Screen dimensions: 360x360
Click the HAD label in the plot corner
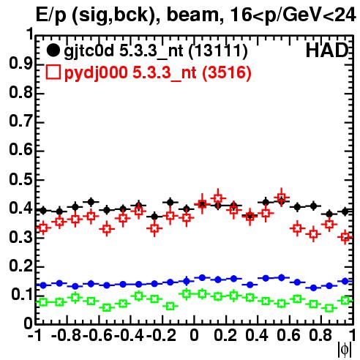327,50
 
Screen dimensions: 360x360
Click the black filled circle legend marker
53,50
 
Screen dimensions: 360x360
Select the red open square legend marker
53,72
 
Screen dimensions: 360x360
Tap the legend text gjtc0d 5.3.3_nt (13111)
156,51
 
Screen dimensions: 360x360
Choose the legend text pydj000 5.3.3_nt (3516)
158,73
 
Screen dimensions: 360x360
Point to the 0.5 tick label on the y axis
21,180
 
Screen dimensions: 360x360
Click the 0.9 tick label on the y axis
21,64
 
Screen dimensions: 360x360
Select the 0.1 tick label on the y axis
22,294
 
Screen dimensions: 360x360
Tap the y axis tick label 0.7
21,121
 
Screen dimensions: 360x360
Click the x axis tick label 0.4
257,335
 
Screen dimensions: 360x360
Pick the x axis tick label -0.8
67,335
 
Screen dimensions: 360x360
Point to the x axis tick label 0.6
288,335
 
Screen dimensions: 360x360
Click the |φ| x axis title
345,350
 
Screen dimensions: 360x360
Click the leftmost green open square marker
43,302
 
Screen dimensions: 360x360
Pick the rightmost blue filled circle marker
345,281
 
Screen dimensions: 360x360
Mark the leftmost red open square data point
43,228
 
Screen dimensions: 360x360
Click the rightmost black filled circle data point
345,211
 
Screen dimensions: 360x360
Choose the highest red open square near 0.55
282,198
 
